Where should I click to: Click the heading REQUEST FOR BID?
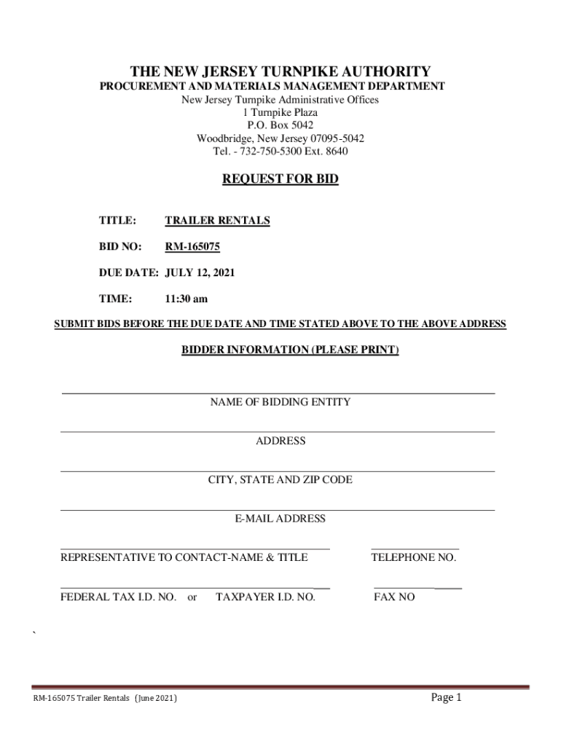point(280,179)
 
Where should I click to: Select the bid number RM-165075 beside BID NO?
point(192,247)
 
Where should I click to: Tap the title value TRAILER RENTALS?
point(217,221)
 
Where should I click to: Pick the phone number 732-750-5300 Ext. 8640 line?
point(280,152)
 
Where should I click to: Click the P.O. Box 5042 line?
point(280,125)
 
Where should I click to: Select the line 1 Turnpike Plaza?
point(280,113)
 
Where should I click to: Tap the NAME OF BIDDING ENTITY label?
point(280,402)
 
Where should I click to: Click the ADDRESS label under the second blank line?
point(280,441)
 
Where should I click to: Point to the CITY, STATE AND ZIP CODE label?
point(280,480)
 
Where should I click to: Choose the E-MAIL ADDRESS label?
point(280,519)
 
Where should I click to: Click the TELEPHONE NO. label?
point(414,558)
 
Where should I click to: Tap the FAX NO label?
point(394,597)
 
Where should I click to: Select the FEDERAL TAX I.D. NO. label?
point(118,597)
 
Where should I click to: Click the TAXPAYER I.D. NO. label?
point(266,597)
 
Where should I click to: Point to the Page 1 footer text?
point(447,698)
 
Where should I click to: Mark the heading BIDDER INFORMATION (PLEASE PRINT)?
point(290,350)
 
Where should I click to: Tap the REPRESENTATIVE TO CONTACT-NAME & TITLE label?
point(184,558)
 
